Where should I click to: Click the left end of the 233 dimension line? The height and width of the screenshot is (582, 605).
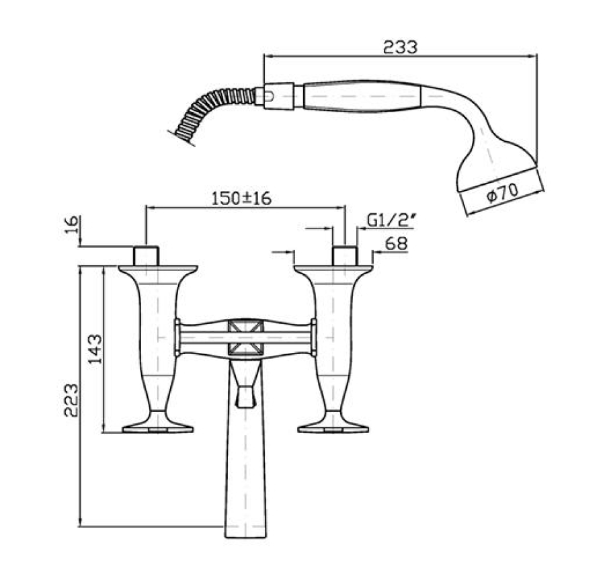click(x=264, y=56)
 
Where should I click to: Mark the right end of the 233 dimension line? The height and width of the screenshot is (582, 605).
click(x=536, y=56)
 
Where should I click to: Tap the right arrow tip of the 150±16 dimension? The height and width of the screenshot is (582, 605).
click(x=346, y=208)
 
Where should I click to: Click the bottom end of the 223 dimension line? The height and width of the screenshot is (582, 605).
click(x=80, y=526)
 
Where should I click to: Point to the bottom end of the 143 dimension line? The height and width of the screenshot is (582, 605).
click(x=104, y=433)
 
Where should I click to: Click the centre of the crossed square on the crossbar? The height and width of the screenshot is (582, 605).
click(x=245, y=337)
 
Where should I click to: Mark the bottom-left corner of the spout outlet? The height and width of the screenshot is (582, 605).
click(x=225, y=537)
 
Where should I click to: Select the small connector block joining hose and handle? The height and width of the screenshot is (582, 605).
click(x=279, y=96)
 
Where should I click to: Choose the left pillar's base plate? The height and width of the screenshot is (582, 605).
click(x=158, y=429)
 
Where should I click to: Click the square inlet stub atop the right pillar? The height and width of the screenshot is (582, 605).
click(x=345, y=255)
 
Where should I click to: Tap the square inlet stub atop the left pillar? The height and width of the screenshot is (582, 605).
click(x=147, y=255)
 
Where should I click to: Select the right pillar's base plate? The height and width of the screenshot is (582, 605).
click(x=333, y=429)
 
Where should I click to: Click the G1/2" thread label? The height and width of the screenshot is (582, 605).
click(x=391, y=220)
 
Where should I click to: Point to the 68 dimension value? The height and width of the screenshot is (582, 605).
click(x=396, y=244)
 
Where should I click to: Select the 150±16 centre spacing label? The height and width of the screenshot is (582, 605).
click(x=241, y=198)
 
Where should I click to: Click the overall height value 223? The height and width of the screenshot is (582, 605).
click(x=71, y=400)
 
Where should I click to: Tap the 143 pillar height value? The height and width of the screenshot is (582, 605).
click(x=95, y=349)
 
